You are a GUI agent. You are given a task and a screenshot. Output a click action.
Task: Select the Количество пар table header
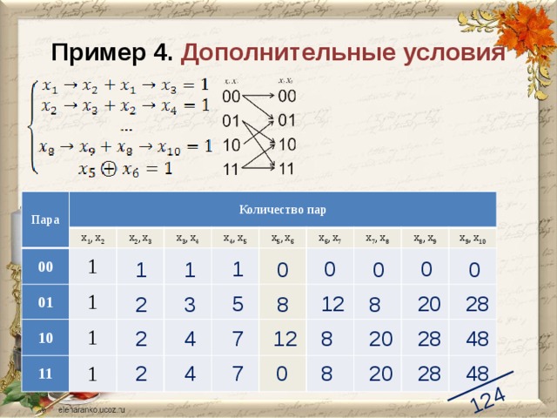[282, 209]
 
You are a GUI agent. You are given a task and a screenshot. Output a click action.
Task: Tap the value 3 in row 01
[190, 305]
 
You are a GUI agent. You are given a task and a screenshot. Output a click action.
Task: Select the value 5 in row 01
[238, 304]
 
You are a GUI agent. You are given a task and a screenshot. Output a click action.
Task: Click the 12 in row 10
[285, 339]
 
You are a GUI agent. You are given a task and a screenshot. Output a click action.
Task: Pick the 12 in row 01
[332, 304]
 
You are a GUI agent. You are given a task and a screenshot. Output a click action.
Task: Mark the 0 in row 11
[281, 374]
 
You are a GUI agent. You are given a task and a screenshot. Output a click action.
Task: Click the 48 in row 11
[477, 373]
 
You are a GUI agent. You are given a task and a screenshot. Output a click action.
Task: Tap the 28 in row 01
[477, 303]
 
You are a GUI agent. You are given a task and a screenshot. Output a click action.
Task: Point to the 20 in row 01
[428, 303]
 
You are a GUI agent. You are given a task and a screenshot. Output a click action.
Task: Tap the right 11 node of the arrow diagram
[286, 168]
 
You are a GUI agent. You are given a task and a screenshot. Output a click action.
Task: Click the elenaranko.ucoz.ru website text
[91, 408]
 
